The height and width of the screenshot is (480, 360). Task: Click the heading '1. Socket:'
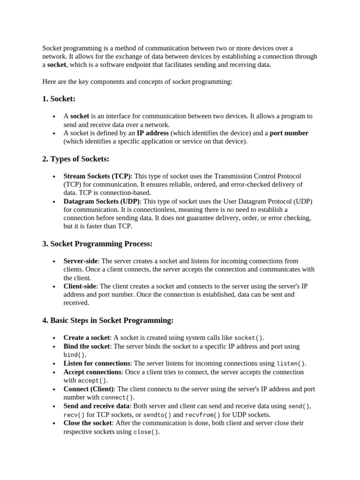59,99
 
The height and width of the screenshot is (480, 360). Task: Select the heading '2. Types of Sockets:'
75,159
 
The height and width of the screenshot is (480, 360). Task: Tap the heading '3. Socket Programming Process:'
97,244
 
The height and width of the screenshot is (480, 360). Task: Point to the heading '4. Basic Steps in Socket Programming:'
108,321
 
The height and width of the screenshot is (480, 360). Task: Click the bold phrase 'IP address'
153,133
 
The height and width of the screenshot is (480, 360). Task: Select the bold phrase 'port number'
289,133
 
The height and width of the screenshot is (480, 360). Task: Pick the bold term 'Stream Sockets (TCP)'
97,176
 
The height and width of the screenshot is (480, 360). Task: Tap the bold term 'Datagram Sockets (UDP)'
102,202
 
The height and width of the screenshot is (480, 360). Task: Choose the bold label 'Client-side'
80,286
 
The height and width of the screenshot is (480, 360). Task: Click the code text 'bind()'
75,355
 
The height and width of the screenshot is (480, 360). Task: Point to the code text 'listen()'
291,364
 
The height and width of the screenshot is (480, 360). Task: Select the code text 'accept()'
92,381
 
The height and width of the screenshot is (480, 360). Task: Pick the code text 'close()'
146,432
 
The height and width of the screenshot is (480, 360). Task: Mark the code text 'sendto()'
157,415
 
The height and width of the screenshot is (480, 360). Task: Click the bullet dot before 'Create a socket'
54,338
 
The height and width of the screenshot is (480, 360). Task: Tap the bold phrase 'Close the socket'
88,423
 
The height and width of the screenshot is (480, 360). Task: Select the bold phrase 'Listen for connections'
97,363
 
